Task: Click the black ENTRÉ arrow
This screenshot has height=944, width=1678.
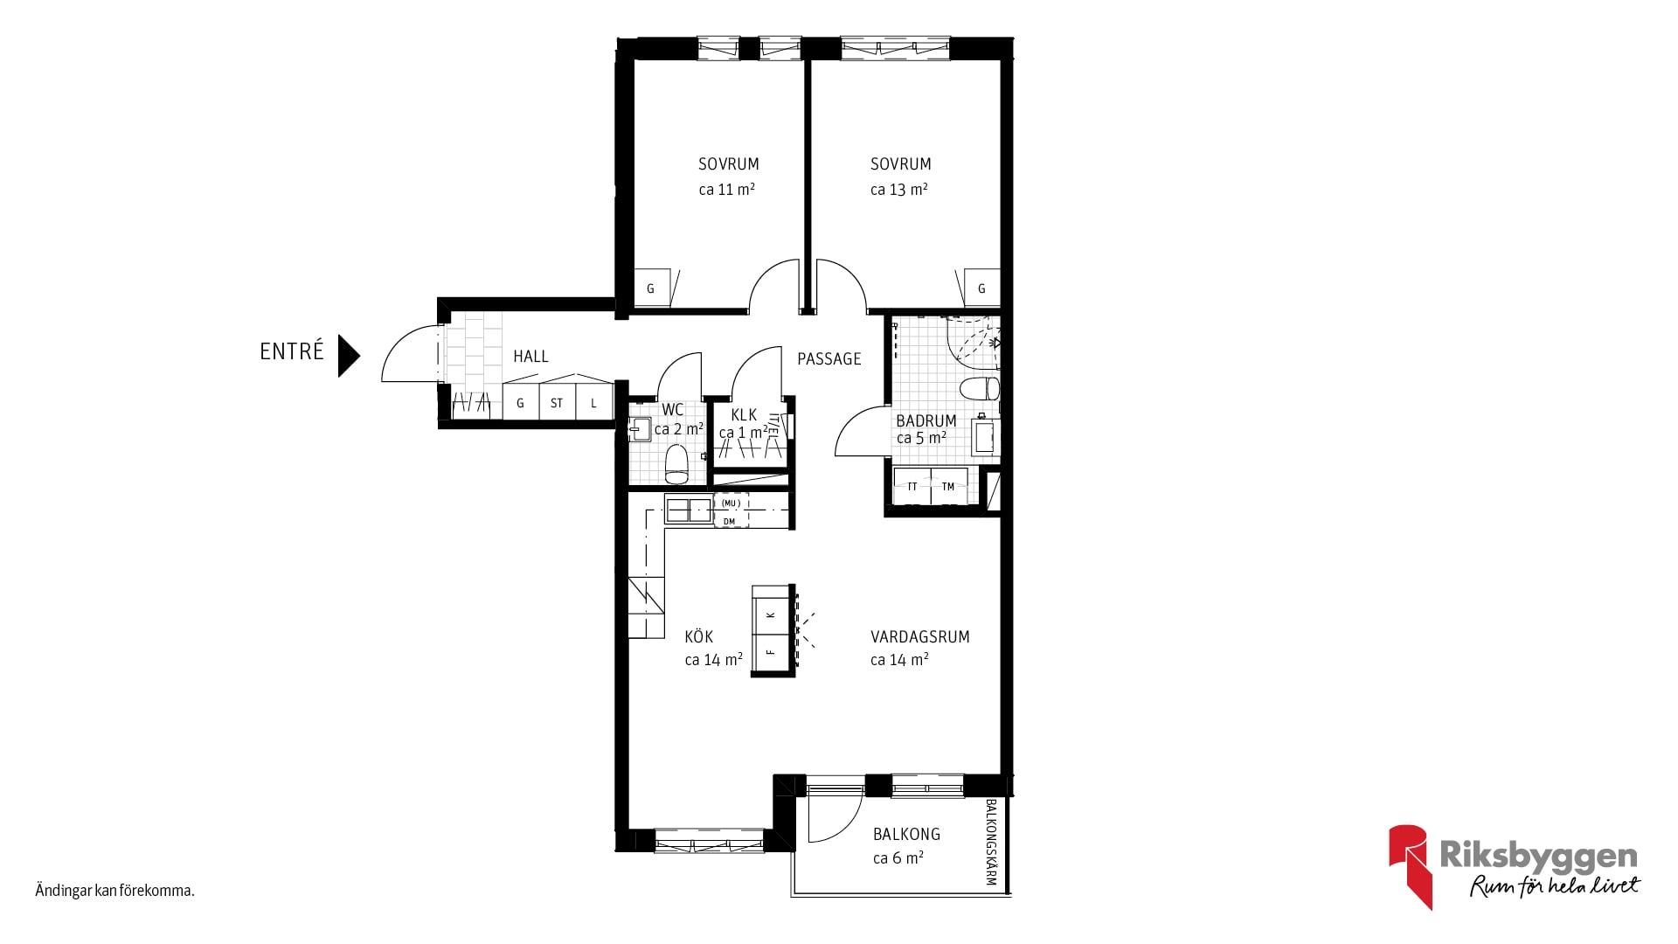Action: (349, 356)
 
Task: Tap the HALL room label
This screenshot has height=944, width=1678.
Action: (530, 357)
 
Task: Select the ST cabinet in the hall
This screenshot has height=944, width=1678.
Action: (557, 403)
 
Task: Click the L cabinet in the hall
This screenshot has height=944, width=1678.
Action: (593, 403)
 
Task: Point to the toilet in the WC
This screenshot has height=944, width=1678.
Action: (677, 463)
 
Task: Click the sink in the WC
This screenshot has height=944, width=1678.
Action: (639, 428)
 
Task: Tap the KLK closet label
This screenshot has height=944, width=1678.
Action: (744, 415)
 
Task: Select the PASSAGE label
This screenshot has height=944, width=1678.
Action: (829, 358)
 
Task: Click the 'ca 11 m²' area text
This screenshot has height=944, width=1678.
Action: (726, 189)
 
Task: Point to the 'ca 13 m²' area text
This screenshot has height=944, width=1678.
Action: (898, 189)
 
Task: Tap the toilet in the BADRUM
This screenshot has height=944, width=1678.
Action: (979, 387)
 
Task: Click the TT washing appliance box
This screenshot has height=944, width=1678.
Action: (912, 486)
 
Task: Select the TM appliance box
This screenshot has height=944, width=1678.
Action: (948, 486)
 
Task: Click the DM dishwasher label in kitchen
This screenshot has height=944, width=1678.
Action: (730, 522)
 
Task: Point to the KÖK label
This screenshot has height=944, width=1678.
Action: (699, 636)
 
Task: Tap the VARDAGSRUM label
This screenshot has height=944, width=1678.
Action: (919, 637)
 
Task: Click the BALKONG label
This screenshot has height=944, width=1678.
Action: (906, 834)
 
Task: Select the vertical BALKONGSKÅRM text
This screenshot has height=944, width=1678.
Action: (991, 843)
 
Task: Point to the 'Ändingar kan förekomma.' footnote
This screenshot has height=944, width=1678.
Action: (114, 891)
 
